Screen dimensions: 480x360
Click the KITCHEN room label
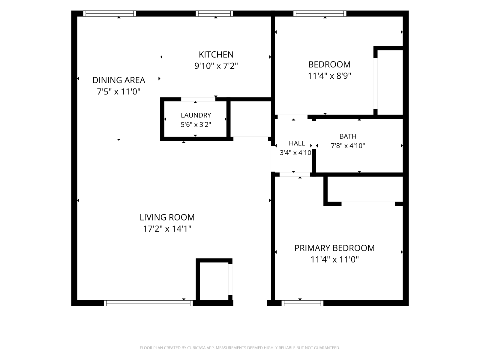click(216, 54)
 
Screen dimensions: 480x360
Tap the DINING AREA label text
click(119, 80)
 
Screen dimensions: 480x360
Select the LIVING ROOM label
click(167, 217)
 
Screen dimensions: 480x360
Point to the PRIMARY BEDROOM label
click(334, 248)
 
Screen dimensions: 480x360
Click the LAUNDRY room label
click(196, 115)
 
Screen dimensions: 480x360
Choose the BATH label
click(348, 136)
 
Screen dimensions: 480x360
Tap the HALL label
click(297, 143)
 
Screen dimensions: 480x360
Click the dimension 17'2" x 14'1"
click(167, 229)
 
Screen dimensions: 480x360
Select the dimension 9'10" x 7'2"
click(216, 66)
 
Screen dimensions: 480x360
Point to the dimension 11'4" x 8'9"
click(329, 76)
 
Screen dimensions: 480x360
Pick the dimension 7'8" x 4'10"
click(348, 145)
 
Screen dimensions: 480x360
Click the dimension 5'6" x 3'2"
click(196, 124)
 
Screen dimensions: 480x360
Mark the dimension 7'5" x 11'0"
click(118, 91)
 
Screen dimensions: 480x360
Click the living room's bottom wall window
click(148, 303)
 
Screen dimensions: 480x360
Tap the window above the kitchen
click(214, 13)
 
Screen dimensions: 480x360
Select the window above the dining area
click(109, 13)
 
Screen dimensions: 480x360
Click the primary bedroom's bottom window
click(302, 303)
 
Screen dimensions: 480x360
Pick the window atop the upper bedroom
click(320, 13)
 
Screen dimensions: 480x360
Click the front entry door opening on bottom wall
click(250, 303)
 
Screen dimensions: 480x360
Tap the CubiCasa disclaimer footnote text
click(240, 348)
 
